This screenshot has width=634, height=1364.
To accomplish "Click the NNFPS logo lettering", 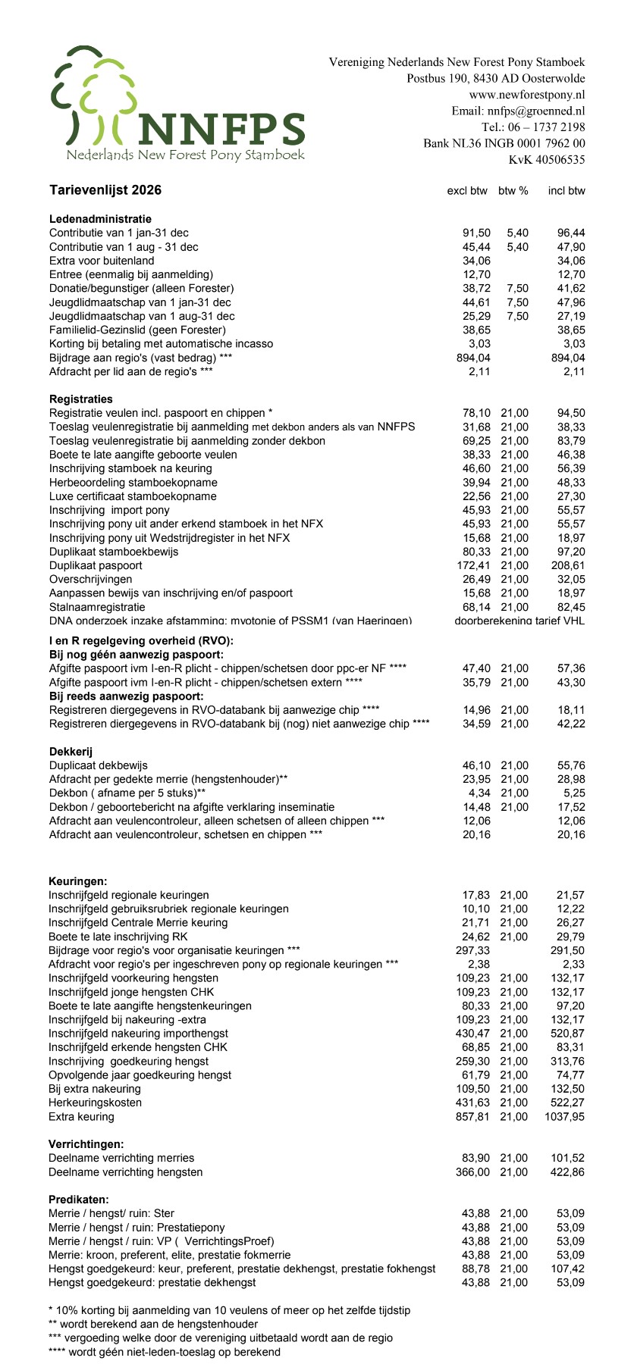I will [220, 129].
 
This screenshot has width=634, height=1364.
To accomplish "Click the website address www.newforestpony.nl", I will [527, 95].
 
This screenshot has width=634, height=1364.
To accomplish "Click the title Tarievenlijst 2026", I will [105, 190].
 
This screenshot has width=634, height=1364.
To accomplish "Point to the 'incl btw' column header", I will [567, 191].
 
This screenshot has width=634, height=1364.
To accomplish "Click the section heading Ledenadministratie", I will [100, 219].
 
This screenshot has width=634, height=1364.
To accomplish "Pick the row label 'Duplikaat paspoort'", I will [96, 565].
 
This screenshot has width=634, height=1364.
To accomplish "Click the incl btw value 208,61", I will [568, 565].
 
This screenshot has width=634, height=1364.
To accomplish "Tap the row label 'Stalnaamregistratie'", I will [97, 607].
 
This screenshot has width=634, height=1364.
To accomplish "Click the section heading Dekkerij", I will [71, 752].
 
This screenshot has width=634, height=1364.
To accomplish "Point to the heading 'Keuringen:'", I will [78, 881].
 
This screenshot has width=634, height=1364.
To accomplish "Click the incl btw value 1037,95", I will [565, 1117].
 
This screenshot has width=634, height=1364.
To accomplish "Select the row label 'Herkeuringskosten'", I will [95, 1103].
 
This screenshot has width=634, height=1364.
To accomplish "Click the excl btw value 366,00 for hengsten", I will [472, 1172].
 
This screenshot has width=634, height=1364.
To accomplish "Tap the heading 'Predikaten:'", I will [79, 1200].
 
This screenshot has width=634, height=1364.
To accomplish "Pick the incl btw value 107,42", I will [568, 1269].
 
